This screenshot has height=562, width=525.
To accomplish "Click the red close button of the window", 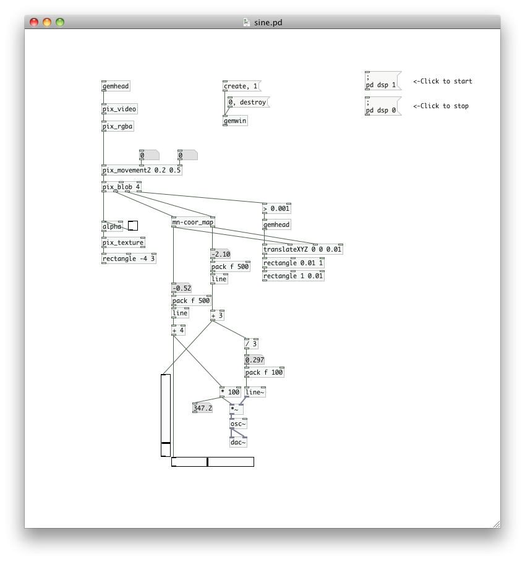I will pos(34,22).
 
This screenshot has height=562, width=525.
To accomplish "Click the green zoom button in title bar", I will pos(60,22).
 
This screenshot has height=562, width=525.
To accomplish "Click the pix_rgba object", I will pos(117,127).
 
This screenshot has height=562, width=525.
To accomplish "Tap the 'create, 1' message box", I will pos(241,87).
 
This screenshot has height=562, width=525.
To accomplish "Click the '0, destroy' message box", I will pos(248,103).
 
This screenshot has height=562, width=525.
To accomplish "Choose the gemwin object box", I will pos(235,121).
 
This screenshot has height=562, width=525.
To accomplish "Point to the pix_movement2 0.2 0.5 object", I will pos(142,171).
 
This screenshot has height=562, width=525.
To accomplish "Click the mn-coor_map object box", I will pos(193,223).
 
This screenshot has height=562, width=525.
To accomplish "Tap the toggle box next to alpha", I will pos(133,226).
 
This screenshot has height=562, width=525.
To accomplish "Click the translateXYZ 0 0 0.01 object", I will pos(302,250).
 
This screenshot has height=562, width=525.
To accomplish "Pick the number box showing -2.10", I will pos(221,254).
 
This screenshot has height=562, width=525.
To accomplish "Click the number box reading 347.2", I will pos(202,408).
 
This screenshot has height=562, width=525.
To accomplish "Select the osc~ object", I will pos(238,424).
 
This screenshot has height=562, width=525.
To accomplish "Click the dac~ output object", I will pos(238,443).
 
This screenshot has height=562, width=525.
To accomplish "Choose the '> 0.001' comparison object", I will pos(276,209).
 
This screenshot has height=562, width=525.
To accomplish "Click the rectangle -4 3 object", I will pos(129,258).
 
